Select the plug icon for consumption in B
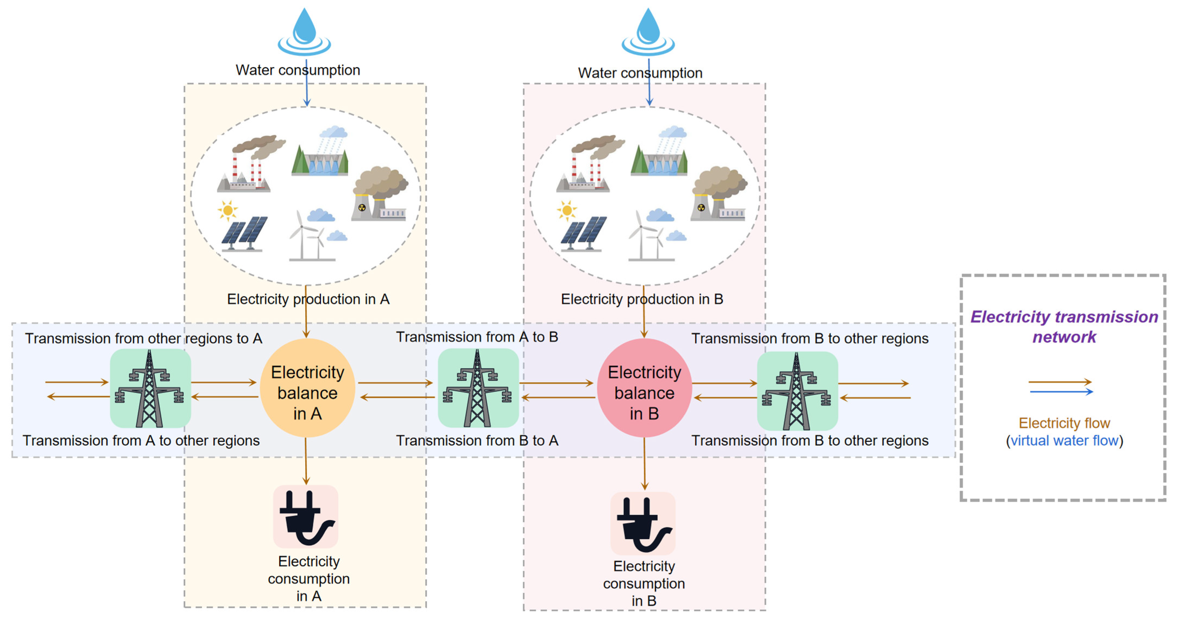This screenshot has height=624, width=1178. click(x=643, y=523)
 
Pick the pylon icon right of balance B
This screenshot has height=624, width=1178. click(x=797, y=391)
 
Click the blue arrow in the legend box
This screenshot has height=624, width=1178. click(x=1061, y=392)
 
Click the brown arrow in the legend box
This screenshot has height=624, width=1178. click(x=1060, y=382)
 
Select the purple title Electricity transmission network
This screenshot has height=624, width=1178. click(x=1064, y=327)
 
